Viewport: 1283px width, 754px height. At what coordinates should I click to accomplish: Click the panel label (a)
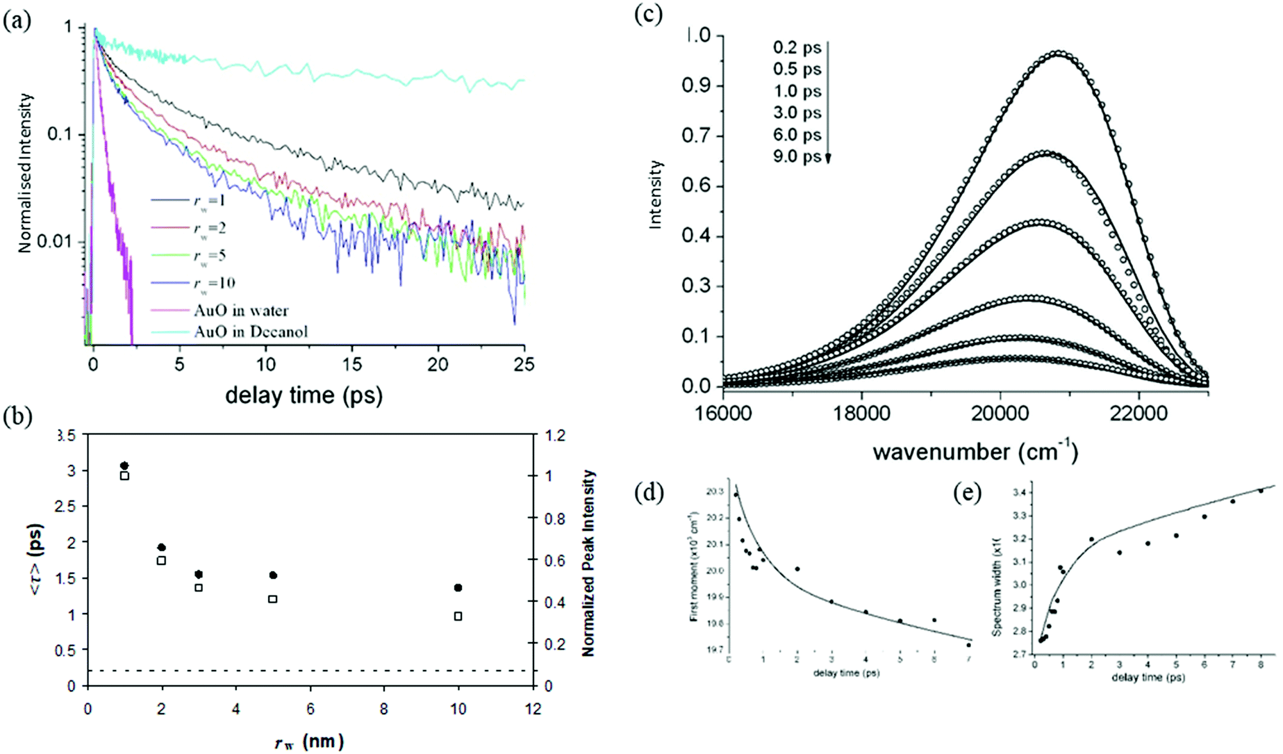pyautogui.click(x=17, y=21)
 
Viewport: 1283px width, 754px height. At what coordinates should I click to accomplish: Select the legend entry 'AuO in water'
pyautogui.click(x=240, y=311)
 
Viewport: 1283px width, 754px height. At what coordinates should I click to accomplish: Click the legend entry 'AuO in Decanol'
pyautogui.click(x=250, y=331)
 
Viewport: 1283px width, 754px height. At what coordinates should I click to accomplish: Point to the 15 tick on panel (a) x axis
pyautogui.click(x=351, y=364)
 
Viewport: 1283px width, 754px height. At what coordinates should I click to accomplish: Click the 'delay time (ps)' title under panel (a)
pyautogui.click(x=304, y=395)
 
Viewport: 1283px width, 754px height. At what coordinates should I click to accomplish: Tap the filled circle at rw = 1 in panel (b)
pyautogui.click(x=124, y=466)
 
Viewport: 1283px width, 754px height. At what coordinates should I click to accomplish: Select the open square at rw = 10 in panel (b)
pyautogui.click(x=458, y=616)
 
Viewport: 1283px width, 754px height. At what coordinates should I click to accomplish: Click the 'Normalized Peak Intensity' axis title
pyautogui.click(x=588, y=563)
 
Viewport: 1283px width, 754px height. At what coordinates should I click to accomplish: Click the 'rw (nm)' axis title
pyautogui.click(x=309, y=741)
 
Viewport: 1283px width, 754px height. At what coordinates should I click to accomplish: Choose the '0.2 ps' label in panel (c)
pyautogui.click(x=797, y=48)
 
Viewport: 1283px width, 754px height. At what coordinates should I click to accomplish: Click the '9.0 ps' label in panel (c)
pyautogui.click(x=797, y=156)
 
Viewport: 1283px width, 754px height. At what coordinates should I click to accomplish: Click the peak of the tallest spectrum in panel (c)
pyautogui.click(x=1058, y=53)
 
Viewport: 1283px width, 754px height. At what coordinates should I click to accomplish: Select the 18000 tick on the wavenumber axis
pyautogui.click(x=861, y=413)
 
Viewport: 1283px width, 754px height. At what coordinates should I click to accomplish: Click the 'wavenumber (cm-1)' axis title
pyautogui.click(x=975, y=452)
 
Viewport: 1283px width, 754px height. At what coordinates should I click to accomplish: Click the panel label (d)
pyautogui.click(x=649, y=493)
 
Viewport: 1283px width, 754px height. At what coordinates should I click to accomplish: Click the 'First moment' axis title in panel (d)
pyautogui.click(x=693, y=566)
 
